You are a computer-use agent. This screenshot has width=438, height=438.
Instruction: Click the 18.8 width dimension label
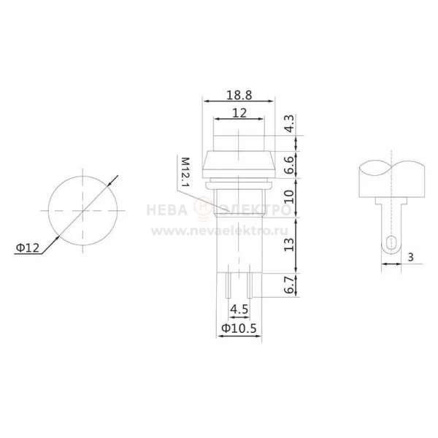click(239, 95)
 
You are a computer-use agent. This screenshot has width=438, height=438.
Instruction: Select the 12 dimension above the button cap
click(239, 113)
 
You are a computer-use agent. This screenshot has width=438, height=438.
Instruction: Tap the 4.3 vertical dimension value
click(290, 123)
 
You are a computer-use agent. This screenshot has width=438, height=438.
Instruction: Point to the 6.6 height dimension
click(290, 165)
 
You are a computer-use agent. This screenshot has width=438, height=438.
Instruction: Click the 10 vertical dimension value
click(290, 196)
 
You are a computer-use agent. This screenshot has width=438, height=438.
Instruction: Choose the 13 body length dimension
click(289, 245)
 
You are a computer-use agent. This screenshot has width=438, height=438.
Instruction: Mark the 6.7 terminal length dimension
click(290, 285)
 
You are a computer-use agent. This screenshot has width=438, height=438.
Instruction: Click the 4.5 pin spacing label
click(239, 310)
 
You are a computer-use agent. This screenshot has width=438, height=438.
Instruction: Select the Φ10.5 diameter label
click(239, 328)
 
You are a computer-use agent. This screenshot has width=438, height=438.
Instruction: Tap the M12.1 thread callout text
click(185, 172)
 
